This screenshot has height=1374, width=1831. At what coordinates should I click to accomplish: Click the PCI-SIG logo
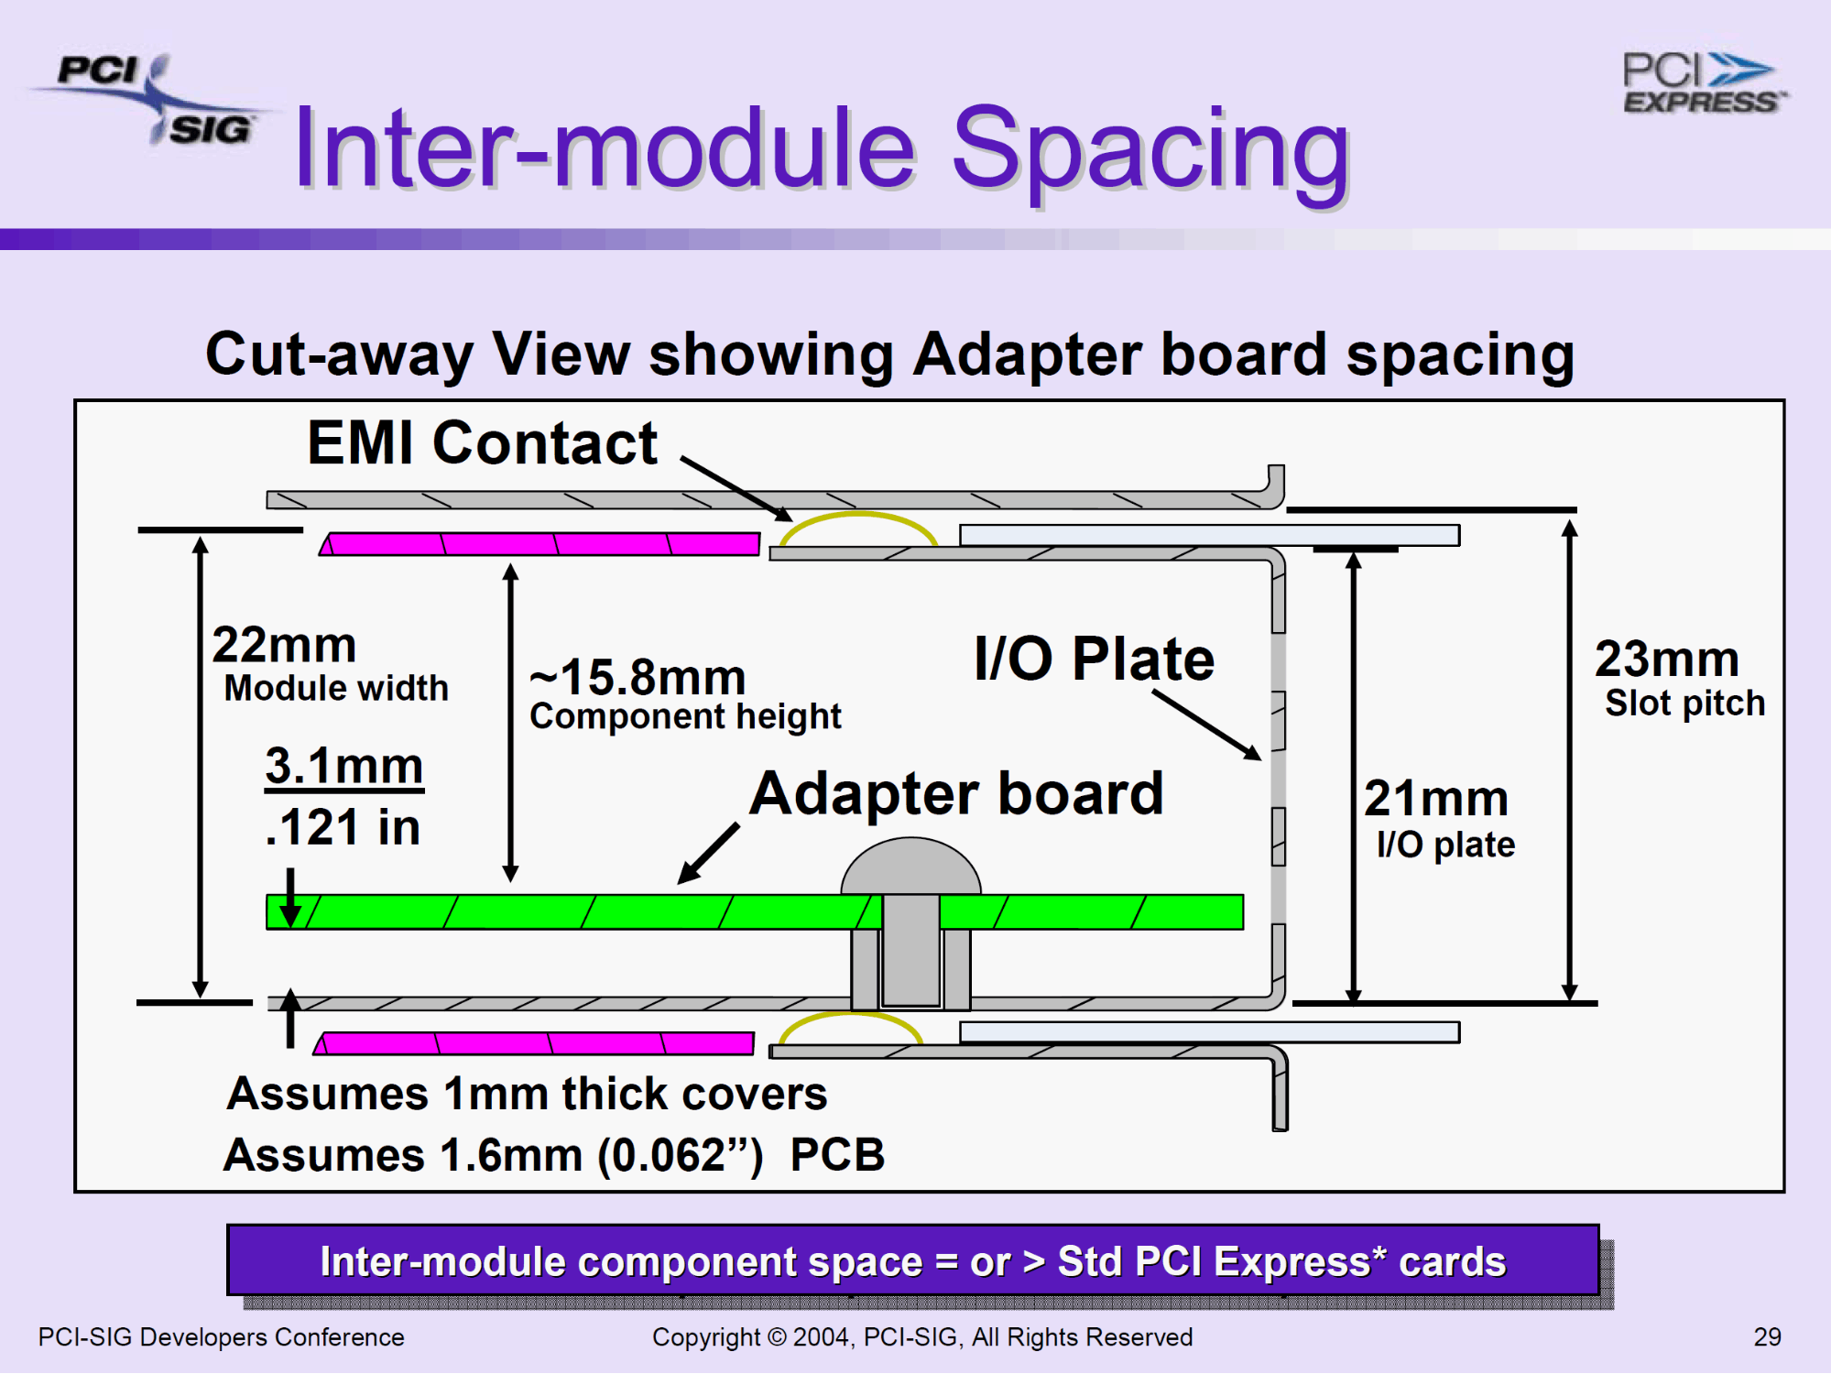151,99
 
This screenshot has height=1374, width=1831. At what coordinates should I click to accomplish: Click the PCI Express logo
1704,82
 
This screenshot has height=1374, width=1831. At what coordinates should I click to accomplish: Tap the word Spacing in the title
1151,151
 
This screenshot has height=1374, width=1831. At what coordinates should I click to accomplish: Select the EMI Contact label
482,443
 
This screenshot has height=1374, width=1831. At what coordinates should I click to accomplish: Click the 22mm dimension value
284,645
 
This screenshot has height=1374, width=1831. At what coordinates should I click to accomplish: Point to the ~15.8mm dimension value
638,678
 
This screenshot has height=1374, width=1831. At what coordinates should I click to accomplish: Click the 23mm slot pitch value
1667,659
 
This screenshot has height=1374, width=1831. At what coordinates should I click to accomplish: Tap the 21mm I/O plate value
1436,798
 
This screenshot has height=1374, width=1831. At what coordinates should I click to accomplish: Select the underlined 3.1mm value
344,766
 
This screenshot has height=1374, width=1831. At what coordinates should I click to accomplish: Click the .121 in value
343,827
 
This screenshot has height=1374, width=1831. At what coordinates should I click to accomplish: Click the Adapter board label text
957,793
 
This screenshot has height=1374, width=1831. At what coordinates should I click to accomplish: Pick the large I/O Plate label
1095,659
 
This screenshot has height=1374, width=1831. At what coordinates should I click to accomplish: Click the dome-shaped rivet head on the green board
910,867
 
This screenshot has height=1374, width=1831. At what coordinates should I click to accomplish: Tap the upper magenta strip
539,544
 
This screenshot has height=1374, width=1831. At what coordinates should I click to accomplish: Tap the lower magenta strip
534,1043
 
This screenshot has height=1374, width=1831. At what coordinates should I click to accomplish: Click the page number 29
1768,1337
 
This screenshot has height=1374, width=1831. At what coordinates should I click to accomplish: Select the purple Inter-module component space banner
913,1260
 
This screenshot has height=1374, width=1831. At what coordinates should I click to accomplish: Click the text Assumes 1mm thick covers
527,1094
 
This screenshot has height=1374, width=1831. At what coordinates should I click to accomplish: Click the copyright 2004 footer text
922,1337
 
